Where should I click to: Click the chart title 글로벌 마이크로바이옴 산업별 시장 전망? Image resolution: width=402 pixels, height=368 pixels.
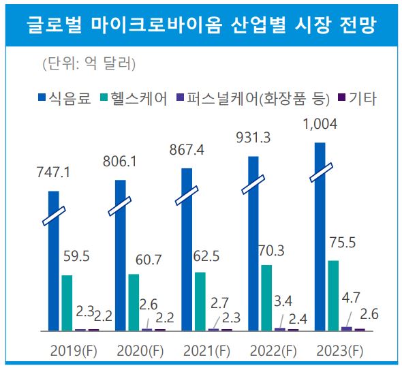click(201, 25)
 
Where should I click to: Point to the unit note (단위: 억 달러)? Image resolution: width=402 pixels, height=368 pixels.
click(89, 65)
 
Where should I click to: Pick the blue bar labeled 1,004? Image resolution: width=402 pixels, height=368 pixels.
click(320, 239)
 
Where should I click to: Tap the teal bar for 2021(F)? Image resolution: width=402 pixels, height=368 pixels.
click(200, 301)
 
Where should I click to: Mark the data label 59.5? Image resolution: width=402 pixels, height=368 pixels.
click(76, 257)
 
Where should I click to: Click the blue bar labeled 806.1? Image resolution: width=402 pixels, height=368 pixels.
click(121, 256)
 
